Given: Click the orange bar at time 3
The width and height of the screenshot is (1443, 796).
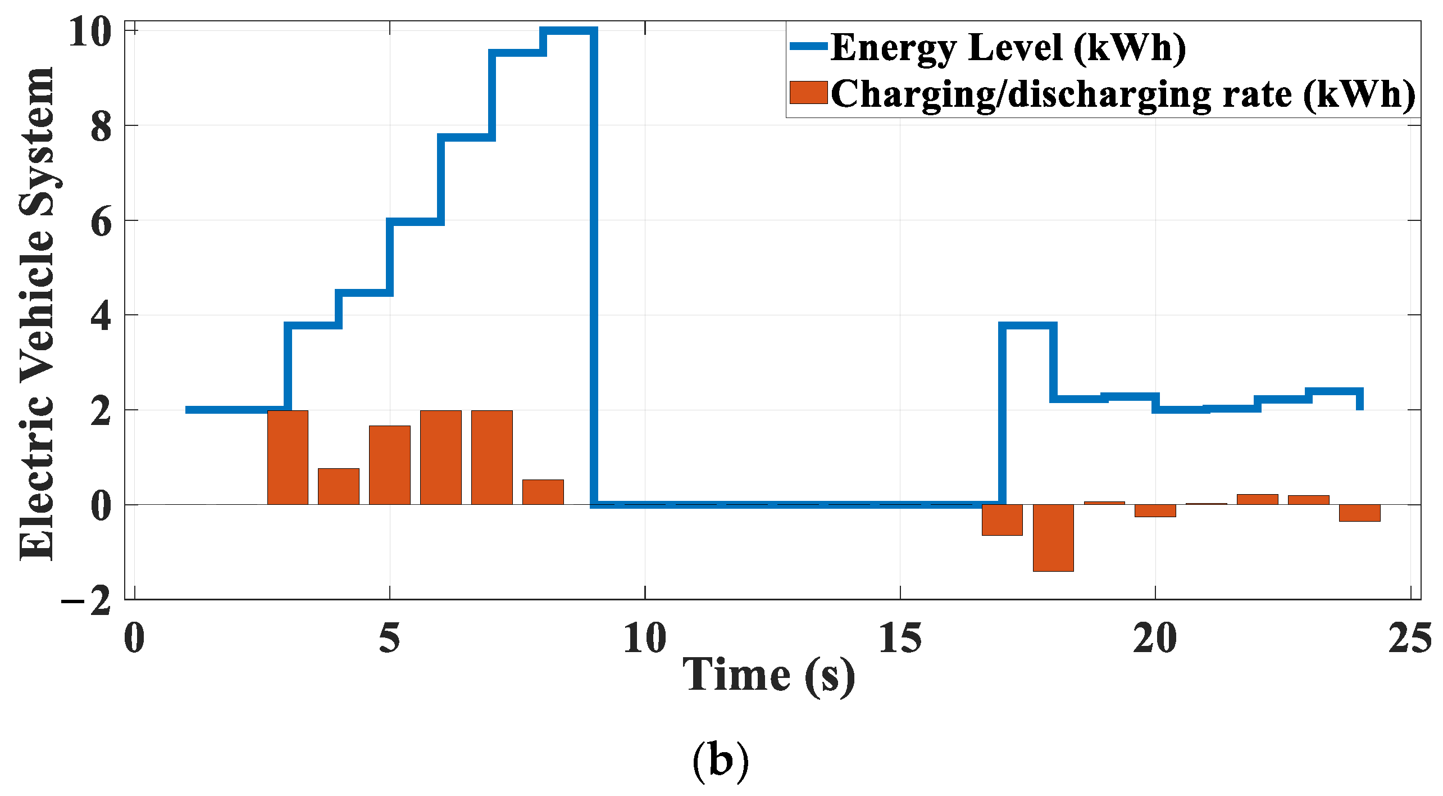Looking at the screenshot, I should click(288, 458).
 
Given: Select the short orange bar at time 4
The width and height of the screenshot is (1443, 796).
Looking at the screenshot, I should click(339, 486).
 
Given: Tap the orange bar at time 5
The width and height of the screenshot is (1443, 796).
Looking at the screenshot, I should click(390, 465).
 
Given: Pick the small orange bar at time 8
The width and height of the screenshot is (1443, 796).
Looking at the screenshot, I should click(543, 492).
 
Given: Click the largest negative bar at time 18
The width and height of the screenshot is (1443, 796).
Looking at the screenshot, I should click(1053, 537).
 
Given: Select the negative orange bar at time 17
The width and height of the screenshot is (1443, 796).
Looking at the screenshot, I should click(1002, 520).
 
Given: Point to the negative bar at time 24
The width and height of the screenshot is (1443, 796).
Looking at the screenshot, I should click(1359, 513).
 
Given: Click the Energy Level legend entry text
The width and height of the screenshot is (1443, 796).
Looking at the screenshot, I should click(1008, 48).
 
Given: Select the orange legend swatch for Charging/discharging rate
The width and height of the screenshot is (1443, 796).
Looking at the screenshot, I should click(808, 93).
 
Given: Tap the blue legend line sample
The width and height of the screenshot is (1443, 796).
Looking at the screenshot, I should click(808, 47).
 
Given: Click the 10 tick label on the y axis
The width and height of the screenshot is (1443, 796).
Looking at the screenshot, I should click(90, 32).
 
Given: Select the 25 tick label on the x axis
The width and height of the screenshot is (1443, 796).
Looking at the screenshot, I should click(1410, 639).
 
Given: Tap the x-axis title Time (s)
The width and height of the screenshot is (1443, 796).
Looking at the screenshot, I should click(769, 676).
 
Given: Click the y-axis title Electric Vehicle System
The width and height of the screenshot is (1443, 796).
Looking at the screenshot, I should click(37, 315).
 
